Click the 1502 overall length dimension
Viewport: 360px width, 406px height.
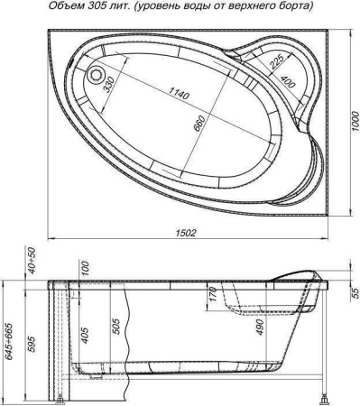coord(186,233)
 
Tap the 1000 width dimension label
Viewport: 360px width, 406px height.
coord(355,121)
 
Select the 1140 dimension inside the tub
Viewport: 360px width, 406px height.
coord(179,93)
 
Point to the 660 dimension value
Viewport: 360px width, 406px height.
coord(199,124)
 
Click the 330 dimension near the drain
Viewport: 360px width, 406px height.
coord(109,85)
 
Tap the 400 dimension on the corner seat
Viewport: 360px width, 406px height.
coord(287,81)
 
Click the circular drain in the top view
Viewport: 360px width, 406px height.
coord(96,74)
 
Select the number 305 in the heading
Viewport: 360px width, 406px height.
coord(95,6)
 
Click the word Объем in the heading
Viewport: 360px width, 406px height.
coord(66,6)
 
